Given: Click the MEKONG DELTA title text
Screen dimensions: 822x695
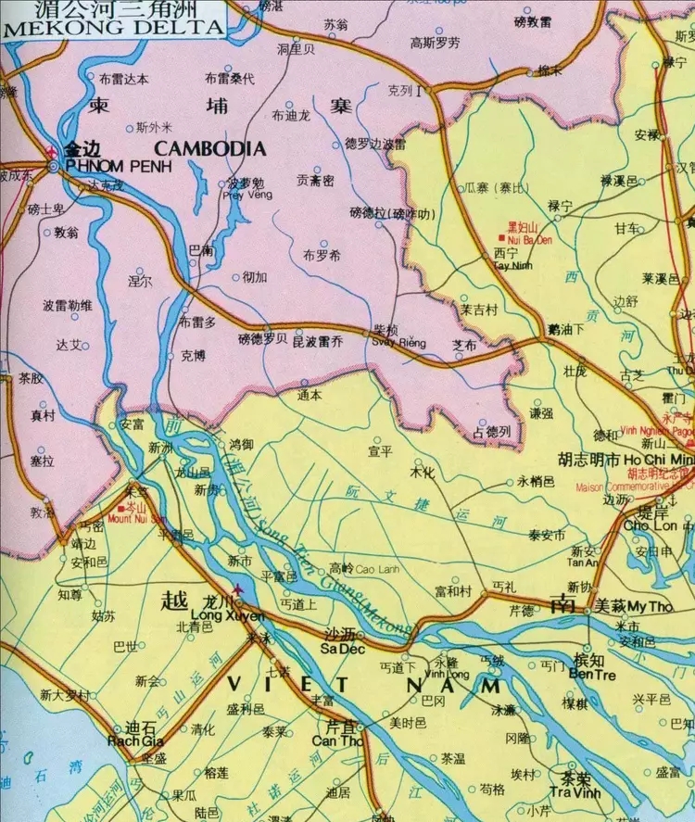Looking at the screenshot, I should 114,27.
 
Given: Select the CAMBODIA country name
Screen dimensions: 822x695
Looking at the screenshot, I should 210,148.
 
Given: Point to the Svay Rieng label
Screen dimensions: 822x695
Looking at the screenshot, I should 399,343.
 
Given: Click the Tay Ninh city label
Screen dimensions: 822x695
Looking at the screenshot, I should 506,264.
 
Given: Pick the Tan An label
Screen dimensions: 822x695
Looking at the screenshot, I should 583,563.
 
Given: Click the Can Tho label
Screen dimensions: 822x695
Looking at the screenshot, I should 335,741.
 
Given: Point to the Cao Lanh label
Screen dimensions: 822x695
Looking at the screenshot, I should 375,568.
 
